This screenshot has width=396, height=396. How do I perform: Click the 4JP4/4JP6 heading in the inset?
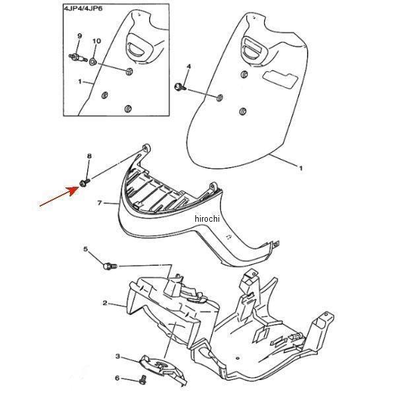[83, 9]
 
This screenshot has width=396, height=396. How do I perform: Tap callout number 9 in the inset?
[79, 36]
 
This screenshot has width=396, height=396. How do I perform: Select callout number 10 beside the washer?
[96, 41]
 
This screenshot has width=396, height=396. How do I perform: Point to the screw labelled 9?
[78, 58]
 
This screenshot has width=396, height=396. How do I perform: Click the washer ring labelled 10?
[93, 61]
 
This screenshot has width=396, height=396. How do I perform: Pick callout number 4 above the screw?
[189, 67]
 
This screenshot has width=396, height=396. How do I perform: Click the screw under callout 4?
[180, 87]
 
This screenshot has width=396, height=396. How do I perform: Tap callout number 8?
[89, 156]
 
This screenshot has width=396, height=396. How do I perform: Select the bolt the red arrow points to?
[84, 183]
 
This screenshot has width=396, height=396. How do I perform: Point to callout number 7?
[100, 203]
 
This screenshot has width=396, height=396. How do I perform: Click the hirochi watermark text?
[207, 218]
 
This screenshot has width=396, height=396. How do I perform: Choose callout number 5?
[86, 249]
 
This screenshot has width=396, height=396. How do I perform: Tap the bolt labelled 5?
[110, 266]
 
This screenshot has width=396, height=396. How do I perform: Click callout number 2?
[105, 302]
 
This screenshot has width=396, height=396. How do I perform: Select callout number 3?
[117, 356]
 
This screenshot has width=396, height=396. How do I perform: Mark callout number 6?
[117, 378]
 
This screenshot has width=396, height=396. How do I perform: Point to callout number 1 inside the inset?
[80, 82]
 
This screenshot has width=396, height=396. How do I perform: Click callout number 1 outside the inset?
[301, 168]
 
